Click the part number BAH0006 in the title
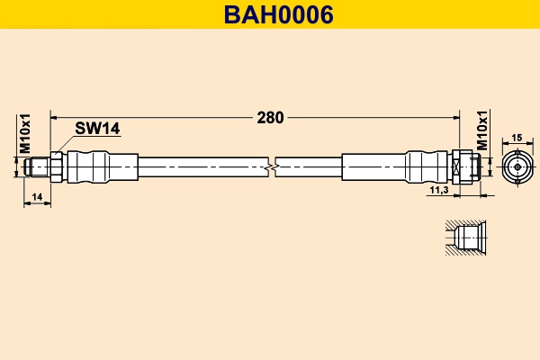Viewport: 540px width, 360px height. (270, 14)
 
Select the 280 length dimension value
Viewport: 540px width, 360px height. (270, 117)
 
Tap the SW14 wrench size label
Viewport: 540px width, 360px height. (97, 129)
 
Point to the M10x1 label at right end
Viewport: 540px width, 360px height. (481, 131)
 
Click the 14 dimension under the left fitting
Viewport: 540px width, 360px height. (37, 195)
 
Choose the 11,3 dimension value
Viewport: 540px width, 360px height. (439, 191)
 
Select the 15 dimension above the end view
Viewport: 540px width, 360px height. (517, 138)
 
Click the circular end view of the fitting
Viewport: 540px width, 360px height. (517, 166)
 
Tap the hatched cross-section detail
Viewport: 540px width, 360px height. (466, 238)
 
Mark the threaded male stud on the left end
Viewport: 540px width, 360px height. (40, 166)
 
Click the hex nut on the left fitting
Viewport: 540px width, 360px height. (56, 166)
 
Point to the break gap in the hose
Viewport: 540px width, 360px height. (273, 166)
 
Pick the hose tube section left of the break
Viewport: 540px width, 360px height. (202, 166)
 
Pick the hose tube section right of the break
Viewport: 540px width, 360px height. (310, 166)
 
